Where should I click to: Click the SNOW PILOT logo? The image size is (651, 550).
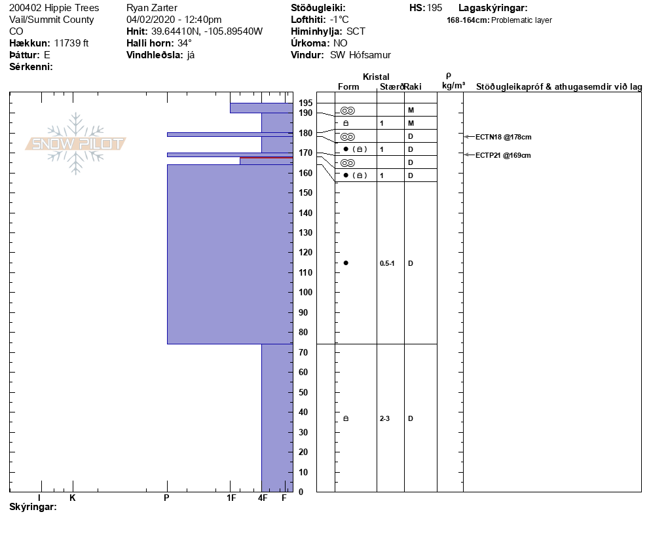coord(75,144)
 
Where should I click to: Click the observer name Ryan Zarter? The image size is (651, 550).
coord(152,8)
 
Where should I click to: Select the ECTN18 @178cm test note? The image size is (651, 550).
coord(503,137)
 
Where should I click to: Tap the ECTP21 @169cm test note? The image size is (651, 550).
coord(503,155)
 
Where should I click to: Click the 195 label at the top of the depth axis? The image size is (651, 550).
coord(305,103)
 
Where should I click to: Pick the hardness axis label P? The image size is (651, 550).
coord(167,498)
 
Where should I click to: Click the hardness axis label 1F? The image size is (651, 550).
coord(231,498)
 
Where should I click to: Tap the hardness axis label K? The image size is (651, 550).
coord(73,498)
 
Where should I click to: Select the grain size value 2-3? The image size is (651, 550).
coord(385,418)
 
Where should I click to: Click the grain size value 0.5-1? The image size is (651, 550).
coord(387,263)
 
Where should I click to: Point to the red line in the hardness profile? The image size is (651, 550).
coord(266,158)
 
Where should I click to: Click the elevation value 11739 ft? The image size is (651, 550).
coord(71,43)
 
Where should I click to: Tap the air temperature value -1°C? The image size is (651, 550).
coord(339,20)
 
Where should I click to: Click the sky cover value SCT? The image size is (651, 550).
coord(356,31)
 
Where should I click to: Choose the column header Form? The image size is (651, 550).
coord(348,87)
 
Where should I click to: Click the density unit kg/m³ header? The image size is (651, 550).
coord(453,86)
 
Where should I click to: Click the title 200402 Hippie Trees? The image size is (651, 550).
coord(54,8)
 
